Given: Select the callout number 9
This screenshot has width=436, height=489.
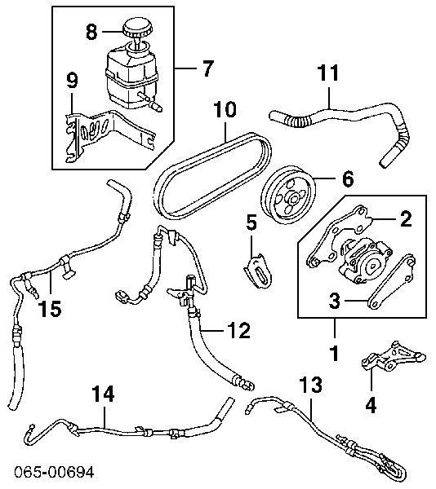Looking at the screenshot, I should point(72,80).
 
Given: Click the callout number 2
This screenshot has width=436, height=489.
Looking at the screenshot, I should point(405,218).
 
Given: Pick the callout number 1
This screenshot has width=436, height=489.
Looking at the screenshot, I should point(334,354).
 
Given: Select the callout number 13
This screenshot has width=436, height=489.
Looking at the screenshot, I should point(310,383).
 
